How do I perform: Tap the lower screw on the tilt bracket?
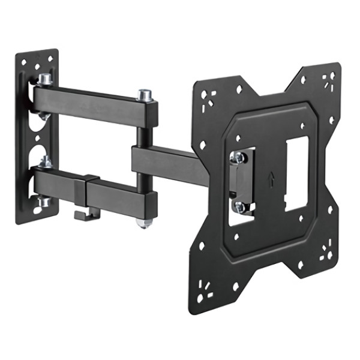[240, 208]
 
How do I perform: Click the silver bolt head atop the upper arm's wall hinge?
[45, 79]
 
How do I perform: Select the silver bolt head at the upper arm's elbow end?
[144, 95]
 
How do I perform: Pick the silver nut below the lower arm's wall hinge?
[44, 202]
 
